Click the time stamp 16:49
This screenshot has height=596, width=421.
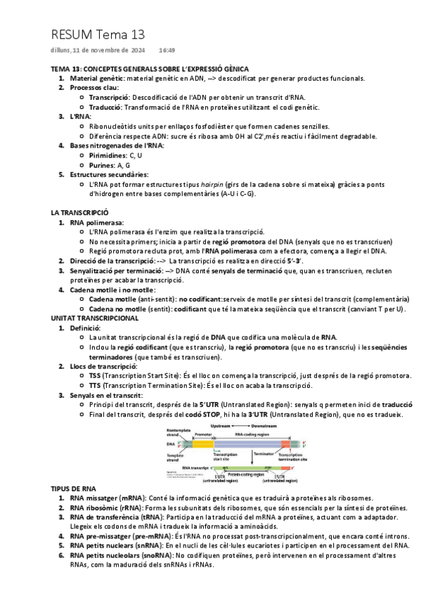[x=167, y=51]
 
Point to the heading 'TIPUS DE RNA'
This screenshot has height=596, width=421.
[x=74, y=488]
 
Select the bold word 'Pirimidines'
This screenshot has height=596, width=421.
[x=105, y=154]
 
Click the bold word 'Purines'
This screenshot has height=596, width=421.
[x=99, y=164]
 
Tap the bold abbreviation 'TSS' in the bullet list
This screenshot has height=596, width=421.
[x=95, y=376]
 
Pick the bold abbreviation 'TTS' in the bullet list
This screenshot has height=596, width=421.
[x=95, y=386]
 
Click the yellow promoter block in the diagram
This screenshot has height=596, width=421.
[x=203, y=444]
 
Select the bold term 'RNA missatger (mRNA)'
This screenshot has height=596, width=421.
[x=104, y=498]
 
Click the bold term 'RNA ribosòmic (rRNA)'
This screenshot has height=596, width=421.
[x=103, y=507]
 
